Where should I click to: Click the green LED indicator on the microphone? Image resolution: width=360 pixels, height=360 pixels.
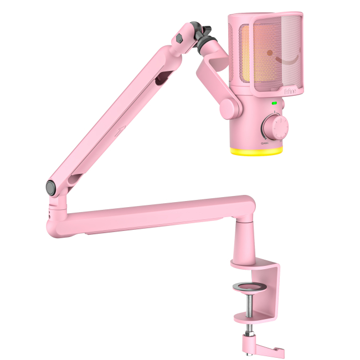274,103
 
